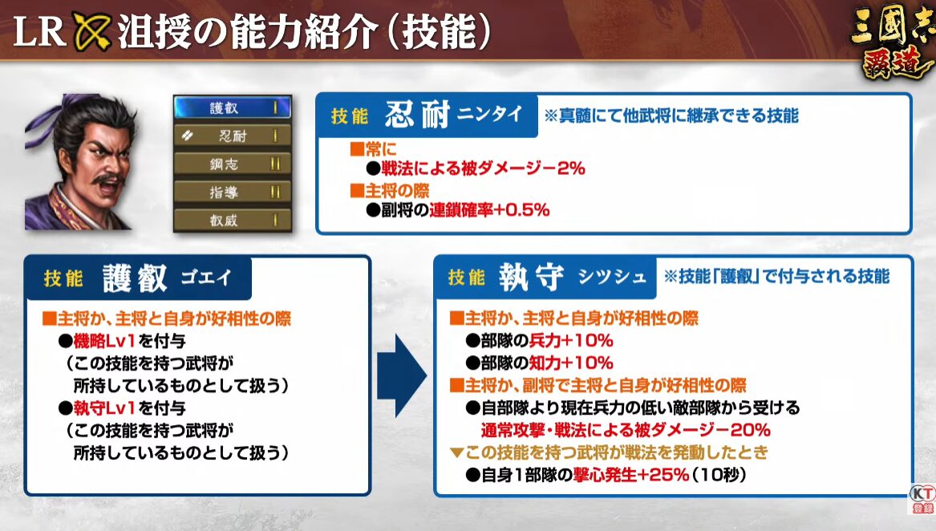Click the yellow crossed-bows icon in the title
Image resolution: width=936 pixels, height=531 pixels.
(92, 30)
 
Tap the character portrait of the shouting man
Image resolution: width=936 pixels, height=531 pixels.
(80, 162)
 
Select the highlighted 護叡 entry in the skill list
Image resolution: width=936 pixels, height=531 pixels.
(233, 107)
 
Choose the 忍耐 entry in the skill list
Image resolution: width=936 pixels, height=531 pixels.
(233, 136)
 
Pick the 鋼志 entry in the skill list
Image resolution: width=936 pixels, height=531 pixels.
(233, 164)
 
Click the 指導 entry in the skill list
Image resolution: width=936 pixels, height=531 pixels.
(233, 192)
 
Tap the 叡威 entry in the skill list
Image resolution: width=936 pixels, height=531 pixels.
(233, 220)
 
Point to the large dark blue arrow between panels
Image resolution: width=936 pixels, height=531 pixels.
(401, 375)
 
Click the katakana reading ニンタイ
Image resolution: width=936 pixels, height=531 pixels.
(489, 113)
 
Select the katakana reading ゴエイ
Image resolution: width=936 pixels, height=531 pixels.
(206, 278)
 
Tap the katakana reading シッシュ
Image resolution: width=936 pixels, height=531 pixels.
(613, 277)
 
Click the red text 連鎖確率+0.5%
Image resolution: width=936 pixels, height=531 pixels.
(489, 209)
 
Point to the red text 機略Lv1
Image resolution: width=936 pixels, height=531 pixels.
(104, 340)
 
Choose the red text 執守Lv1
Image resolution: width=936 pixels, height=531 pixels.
(104, 408)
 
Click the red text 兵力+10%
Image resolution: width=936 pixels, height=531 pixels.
(571, 340)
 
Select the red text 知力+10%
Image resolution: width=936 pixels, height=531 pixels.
(571, 363)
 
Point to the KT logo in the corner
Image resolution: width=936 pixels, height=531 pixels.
(922, 499)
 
